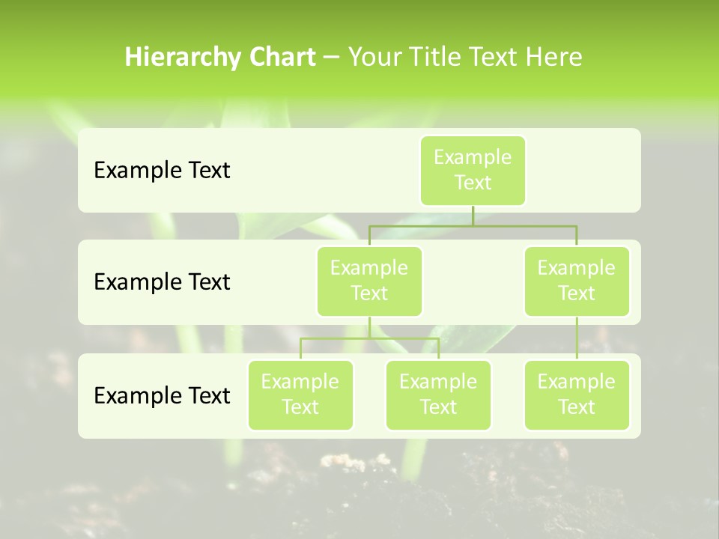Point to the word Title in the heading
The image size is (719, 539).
click(x=434, y=58)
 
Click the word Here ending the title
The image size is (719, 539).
click(x=554, y=58)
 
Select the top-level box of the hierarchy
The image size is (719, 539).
click(x=473, y=171)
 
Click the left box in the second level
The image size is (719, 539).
click(x=369, y=281)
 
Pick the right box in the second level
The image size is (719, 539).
click(x=577, y=281)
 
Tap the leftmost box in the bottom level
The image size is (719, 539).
click(x=300, y=395)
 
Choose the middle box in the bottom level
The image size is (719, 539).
click(x=438, y=395)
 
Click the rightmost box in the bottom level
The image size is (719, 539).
click(x=577, y=395)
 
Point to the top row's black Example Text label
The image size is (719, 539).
click(x=162, y=171)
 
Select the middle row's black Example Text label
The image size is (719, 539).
click(x=162, y=282)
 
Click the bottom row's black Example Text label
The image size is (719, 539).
click(x=162, y=395)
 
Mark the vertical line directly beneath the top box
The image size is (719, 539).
click(x=473, y=216)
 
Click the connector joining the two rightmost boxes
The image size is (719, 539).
click(x=577, y=338)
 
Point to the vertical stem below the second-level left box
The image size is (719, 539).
click(x=369, y=327)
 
